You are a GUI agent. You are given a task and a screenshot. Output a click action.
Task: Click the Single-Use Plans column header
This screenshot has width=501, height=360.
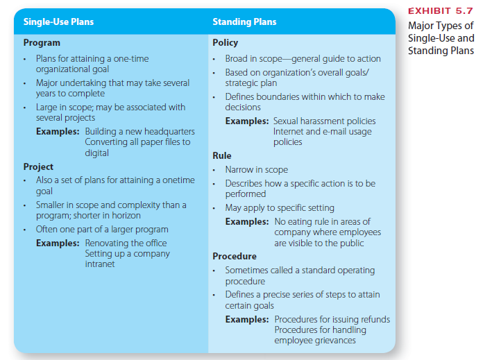coord(58,22)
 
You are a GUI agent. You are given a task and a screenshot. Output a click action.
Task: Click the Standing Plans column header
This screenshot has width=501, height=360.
coord(244,22)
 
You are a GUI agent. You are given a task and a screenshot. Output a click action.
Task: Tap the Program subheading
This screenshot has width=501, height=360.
coord(42,43)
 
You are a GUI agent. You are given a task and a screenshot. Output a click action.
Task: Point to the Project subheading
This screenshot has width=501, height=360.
coord(38,167)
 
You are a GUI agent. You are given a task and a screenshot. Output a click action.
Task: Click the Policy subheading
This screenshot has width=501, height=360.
coord(225,43)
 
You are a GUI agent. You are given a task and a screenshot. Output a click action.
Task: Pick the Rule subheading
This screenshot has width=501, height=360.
coord(222,155)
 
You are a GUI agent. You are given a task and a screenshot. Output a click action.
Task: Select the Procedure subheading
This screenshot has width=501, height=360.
coord(235,256)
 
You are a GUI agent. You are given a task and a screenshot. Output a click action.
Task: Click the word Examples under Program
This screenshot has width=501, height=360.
coord(58,132)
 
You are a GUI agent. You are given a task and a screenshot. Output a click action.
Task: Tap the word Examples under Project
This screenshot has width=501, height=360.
coord(58,243)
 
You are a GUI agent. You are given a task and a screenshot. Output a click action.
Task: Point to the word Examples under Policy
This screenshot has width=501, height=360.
coord(247,121)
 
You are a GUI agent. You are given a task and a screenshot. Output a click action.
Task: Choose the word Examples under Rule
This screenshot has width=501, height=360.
coord(247,222)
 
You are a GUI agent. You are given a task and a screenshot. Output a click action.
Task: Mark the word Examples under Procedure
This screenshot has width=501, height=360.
coord(247,320)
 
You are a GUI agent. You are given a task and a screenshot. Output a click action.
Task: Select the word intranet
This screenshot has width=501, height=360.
coord(100,264)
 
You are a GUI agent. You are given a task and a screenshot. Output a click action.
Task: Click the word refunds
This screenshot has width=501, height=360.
coord(373,320)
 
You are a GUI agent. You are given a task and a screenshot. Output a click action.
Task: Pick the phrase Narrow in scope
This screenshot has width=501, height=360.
coord(256,170)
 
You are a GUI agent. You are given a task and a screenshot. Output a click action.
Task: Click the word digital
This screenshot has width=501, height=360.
coord(96,153)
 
